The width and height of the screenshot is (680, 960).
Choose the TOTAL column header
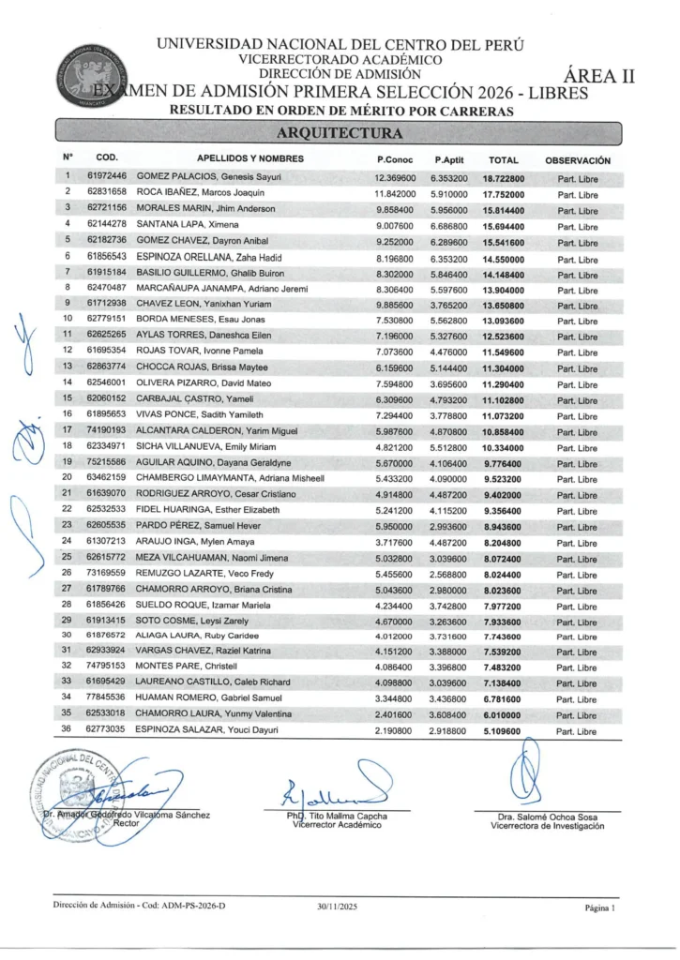pyautogui.click(x=504, y=159)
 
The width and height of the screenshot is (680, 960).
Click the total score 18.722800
pyautogui.click(x=503, y=176)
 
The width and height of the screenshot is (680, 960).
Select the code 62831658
pyautogui.click(x=106, y=192)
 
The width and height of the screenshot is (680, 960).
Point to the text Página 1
pyautogui.click(x=598, y=907)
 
